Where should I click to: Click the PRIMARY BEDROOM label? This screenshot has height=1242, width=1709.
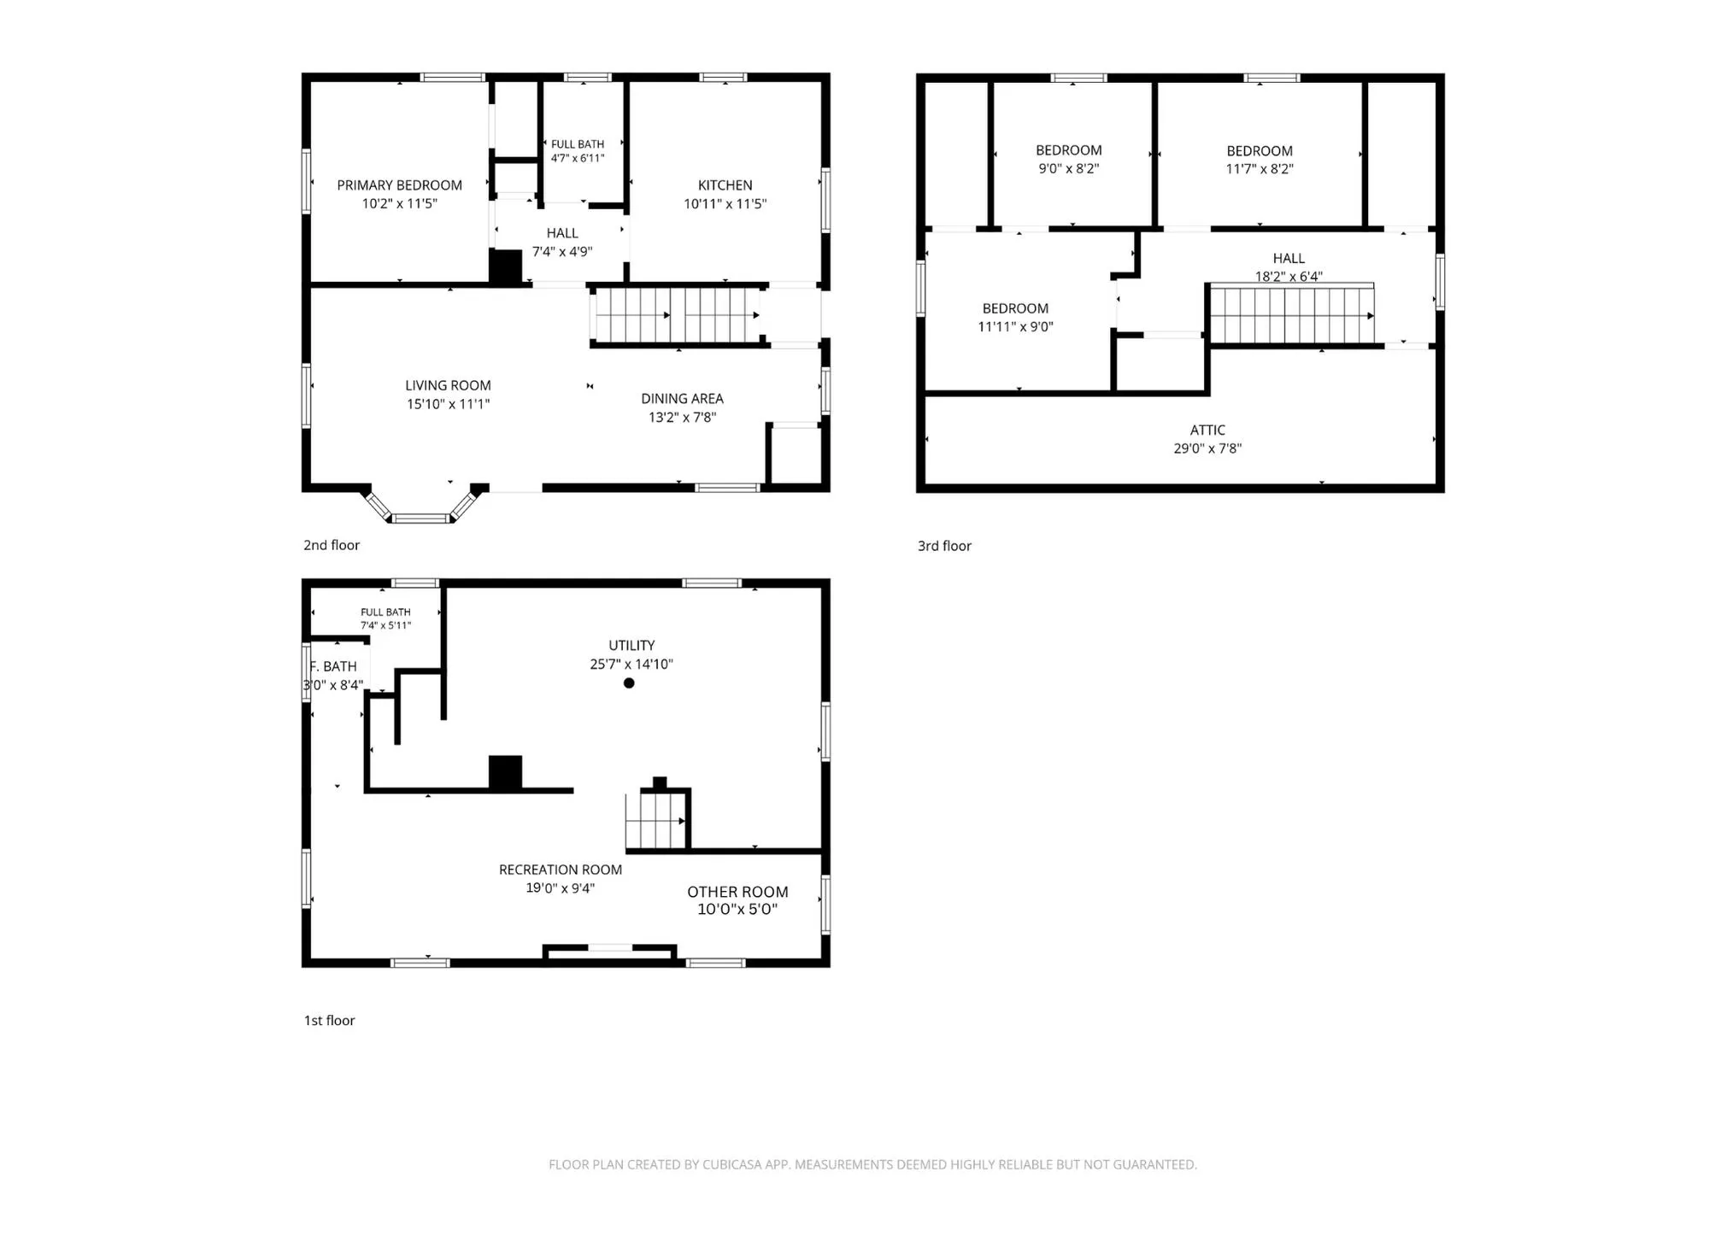(x=399, y=185)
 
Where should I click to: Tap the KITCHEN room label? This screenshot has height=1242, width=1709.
(x=725, y=185)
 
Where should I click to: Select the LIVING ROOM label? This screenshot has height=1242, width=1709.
(x=448, y=385)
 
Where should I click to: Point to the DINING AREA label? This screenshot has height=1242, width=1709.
(x=682, y=399)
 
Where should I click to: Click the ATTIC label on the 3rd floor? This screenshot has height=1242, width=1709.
(x=1207, y=431)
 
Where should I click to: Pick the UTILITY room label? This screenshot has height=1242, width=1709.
(x=631, y=646)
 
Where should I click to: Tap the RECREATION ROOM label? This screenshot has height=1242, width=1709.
(x=561, y=870)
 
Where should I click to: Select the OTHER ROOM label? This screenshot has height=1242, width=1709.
(x=737, y=892)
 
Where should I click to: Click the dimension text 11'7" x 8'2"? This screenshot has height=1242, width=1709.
(x=1260, y=169)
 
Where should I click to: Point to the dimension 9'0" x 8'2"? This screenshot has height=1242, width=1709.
(x=1068, y=168)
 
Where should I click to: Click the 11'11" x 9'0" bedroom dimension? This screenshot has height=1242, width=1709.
(x=1015, y=326)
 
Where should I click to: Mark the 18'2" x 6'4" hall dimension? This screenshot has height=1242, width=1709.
(x=1289, y=276)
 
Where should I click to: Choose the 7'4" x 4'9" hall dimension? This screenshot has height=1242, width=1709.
(x=562, y=251)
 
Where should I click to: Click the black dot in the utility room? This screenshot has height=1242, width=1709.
(x=629, y=683)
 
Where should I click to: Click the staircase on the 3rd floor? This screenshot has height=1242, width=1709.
(x=1292, y=314)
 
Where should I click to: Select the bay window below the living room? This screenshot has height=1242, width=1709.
(x=420, y=506)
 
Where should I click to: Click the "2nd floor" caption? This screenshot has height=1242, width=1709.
(x=332, y=545)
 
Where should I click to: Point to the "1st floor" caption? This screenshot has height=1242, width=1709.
(x=329, y=1020)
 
